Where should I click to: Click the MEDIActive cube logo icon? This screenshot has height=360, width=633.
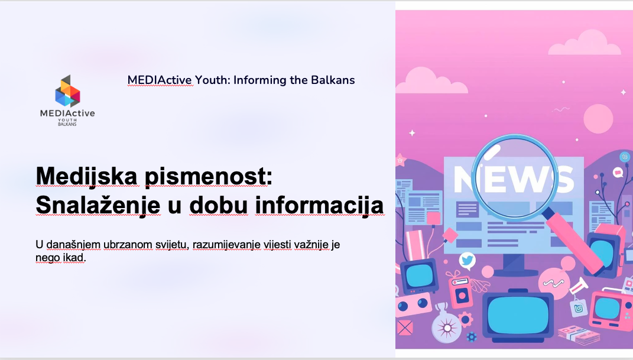[x=67, y=91]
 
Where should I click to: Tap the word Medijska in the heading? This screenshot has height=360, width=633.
[x=86, y=176]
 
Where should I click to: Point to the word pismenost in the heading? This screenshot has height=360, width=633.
[x=208, y=176]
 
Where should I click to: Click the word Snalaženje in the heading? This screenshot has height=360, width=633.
[x=98, y=206]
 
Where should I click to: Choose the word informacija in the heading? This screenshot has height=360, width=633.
[x=319, y=206]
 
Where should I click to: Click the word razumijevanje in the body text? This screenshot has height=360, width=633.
[x=226, y=245]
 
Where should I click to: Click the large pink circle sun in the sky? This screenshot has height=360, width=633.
[x=598, y=119]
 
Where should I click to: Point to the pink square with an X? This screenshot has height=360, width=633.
[x=404, y=327]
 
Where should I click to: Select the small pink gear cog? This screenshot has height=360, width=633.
[x=466, y=320]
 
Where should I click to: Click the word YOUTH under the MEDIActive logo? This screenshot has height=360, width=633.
[x=67, y=120]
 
